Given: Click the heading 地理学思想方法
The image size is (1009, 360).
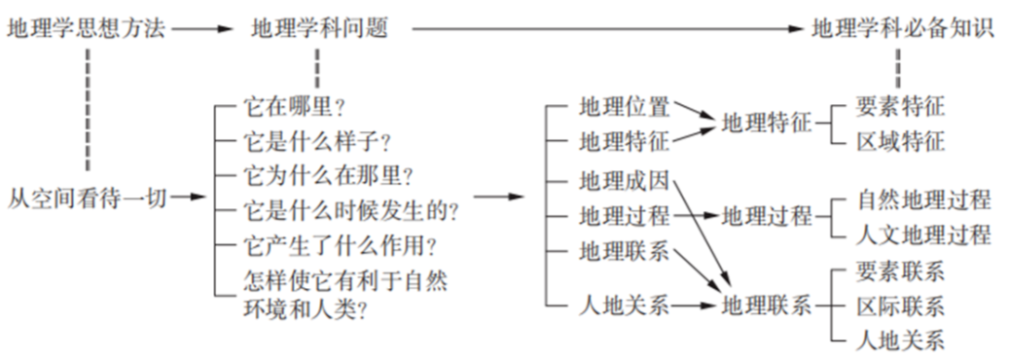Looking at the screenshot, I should pos(87,27).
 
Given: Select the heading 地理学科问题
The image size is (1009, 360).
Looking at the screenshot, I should pos(318,27).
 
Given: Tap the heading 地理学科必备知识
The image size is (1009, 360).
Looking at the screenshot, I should pos(902,27).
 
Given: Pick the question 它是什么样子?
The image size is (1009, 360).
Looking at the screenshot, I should pos(316,142).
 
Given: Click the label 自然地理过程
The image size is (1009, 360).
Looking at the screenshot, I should pos(923,199).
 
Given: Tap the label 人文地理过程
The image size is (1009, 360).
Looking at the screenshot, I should pos(923,234).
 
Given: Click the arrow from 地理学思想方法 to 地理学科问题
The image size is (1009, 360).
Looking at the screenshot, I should pos(202,28).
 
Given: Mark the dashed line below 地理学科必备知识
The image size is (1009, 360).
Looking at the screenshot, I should pos(897,66).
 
